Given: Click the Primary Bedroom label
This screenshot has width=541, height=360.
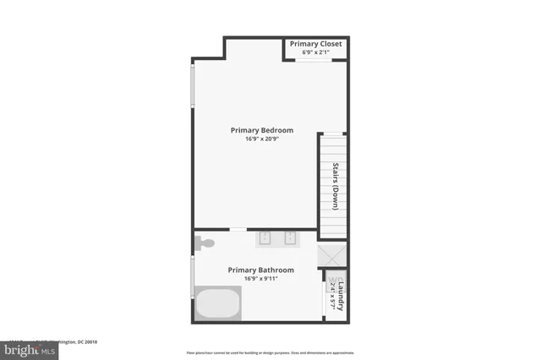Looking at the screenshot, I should click(x=262, y=130).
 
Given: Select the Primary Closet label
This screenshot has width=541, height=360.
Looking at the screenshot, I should click(x=315, y=44).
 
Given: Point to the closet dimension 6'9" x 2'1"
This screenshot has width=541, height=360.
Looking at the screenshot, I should click(x=315, y=53).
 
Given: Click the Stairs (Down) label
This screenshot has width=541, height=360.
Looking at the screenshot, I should click(x=335, y=185).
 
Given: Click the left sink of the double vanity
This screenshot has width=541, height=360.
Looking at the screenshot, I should click(x=263, y=237).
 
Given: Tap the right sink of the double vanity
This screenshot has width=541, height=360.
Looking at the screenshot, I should click(x=290, y=237).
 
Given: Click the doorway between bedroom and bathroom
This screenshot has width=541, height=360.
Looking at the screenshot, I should click(x=238, y=230).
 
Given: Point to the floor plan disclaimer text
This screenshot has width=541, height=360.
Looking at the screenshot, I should click(x=270, y=352).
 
